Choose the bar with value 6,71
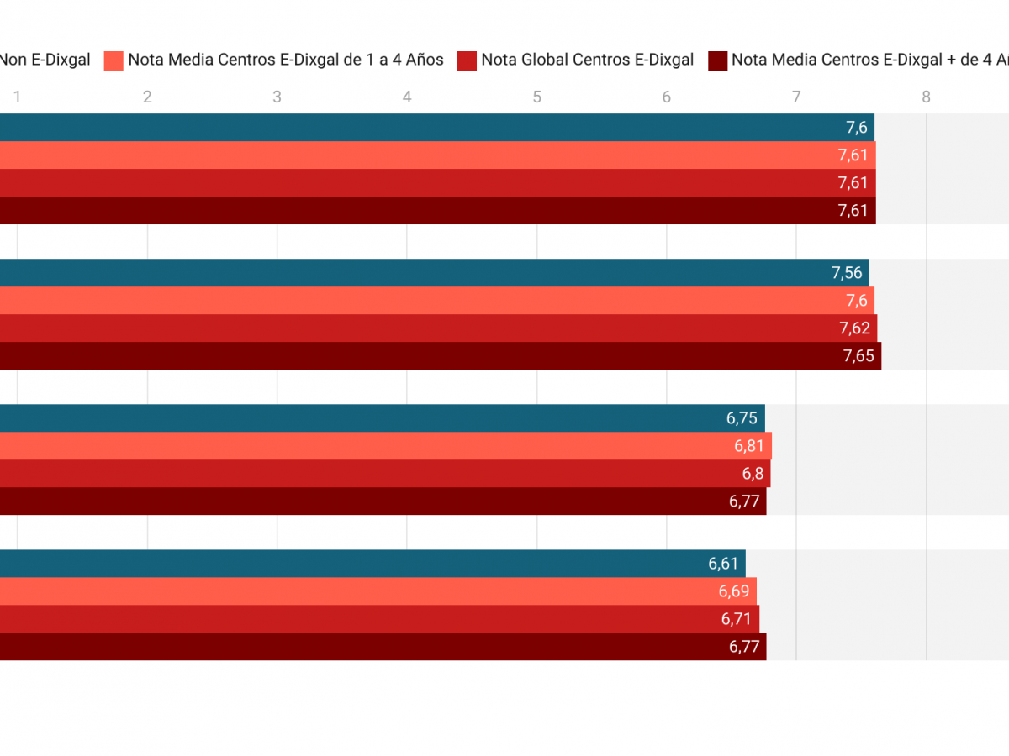coord(378,619)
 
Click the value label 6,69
coord(734,591)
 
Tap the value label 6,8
coord(753,474)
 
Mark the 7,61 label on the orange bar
coord(853,155)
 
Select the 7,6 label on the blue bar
coord(856,128)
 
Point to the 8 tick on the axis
coord(926,97)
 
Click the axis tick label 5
coord(536,97)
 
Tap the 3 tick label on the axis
coord(277,97)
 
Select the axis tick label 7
coord(796,97)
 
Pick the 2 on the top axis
coord(147,97)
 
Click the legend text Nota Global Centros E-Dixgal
coord(587,60)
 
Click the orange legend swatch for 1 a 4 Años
coord(114,60)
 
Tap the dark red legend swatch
coord(717,60)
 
